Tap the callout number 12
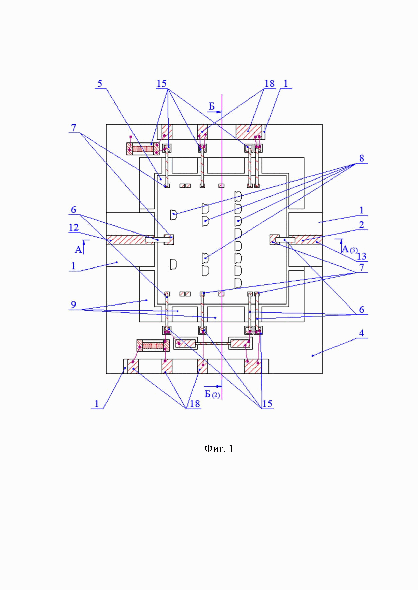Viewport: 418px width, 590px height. pyautogui.click(x=74, y=227)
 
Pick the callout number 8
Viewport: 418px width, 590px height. pyautogui.click(x=361, y=158)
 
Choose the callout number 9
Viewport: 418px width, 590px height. pyautogui.click(x=74, y=305)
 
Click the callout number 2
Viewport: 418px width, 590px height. pyautogui.click(x=361, y=225)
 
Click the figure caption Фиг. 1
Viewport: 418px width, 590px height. pyautogui.click(x=219, y=449)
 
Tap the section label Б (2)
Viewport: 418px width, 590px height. pyautogui.click(x=212, y=394)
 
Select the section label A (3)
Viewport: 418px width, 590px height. pyautogui.click(x=350, y=249)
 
